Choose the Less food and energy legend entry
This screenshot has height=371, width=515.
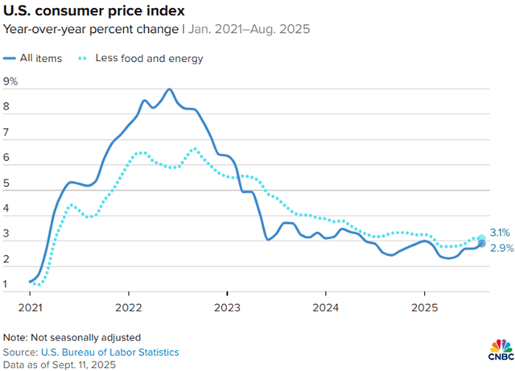click(x=150, y=58)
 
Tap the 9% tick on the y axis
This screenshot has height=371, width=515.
click(x=10, y=82)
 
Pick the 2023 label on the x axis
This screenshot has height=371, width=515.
click(x=227, y=307)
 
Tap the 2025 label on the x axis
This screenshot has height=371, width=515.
click(x=424, y=307)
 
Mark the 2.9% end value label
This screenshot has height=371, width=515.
click(x=501, y=249)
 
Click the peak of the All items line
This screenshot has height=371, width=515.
click(x=169, y=89)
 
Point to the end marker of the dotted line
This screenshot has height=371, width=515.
click(x=481, y=239)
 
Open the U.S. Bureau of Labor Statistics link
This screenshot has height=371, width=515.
click(x=115, y=352)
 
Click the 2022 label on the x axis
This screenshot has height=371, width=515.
click(x=129, y=307)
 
